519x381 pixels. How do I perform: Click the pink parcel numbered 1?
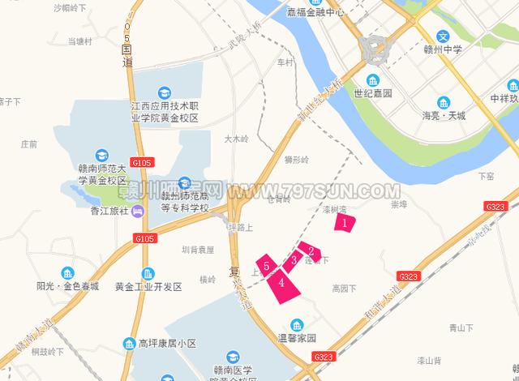345,220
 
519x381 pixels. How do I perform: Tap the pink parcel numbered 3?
293,260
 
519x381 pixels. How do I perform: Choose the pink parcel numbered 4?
281,283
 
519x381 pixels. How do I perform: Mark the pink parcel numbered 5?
266,265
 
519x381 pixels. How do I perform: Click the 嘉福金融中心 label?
315,12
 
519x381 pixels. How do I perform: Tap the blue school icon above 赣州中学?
443,36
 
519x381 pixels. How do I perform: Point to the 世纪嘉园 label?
373,94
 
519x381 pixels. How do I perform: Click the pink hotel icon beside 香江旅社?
137,212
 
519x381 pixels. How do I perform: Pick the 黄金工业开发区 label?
148,287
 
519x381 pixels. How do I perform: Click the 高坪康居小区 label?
168,344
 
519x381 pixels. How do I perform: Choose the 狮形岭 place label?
297,160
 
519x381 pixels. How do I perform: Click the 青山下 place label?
461,328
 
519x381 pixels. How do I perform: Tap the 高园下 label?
344,288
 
